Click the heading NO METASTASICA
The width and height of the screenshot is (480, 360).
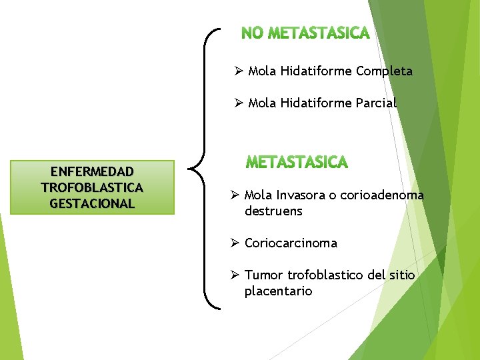click(305, 33)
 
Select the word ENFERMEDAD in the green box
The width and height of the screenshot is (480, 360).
click(92, 172)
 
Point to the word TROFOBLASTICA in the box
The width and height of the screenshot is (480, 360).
click(92, 187)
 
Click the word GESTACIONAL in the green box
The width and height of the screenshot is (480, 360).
click(92, 203)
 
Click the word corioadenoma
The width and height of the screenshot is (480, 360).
click(382, 195)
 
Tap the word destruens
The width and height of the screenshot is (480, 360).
click(273, 211)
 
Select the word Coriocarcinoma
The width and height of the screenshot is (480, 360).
click(291, 243)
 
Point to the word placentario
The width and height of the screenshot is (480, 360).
click(278, 291)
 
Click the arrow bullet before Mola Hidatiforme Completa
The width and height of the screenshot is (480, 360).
click(238, 71)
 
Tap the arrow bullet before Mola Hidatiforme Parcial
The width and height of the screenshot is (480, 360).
click(238, 103)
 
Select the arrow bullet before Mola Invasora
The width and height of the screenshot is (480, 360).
click(235, 195)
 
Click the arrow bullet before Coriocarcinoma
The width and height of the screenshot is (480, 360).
click(235, 243)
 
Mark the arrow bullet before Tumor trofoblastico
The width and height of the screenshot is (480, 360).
click(235, 275)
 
